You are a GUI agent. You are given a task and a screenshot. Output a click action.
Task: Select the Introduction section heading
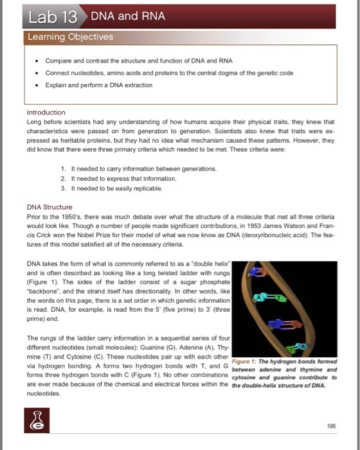click(x=46, y=112)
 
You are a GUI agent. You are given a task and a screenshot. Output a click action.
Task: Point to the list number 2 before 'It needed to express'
click(x=62, y=177)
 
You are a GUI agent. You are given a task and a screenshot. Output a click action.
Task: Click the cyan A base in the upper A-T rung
click(x=259, y=297)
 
